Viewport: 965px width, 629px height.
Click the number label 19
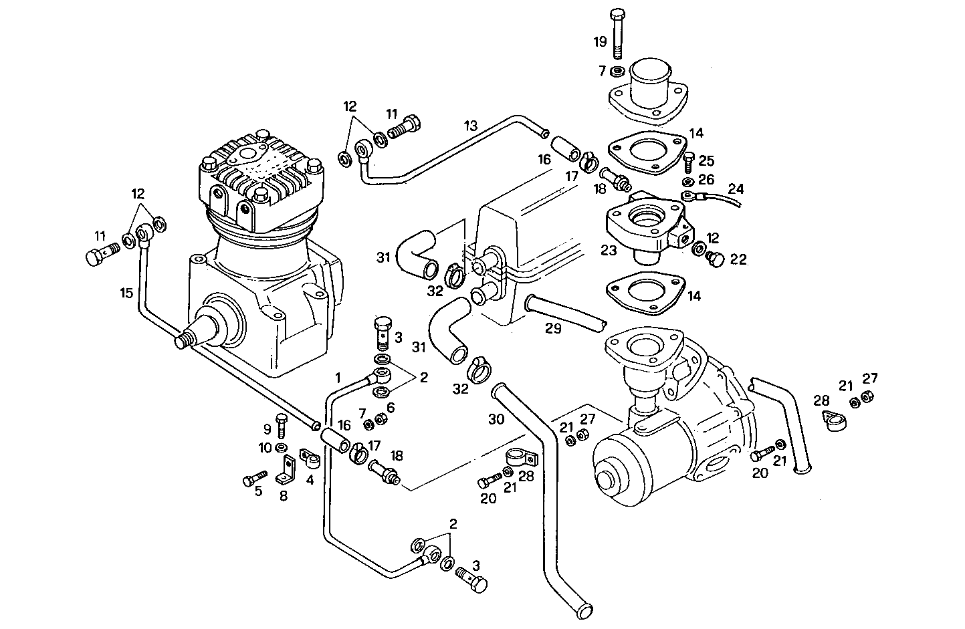(x=600, y=42)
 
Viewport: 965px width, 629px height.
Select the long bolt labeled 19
(x=617, y=33)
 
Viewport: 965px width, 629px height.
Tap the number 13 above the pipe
(x=471, y=125)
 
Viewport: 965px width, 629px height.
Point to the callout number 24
(x=735, y=188)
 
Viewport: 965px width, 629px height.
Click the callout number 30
(x=496, y=419)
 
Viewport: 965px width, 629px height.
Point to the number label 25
(x=706, y=160)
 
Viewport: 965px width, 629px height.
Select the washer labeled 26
(x=687, y=181)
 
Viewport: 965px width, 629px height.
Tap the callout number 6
(x=391, y=407)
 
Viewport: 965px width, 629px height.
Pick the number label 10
(x=265, y=447)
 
